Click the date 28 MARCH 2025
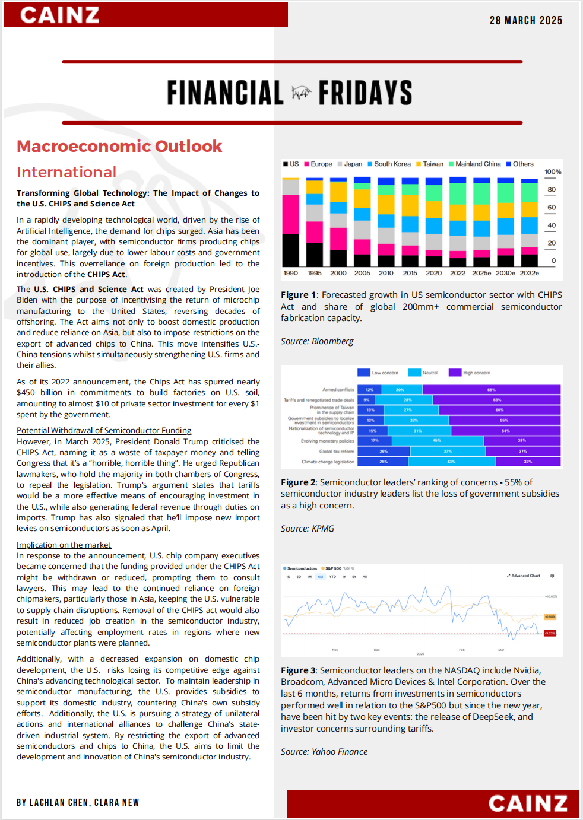(x=525, y=21)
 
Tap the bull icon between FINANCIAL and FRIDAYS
(x=301, y=93)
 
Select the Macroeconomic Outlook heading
(x=119, y=147)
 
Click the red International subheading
(x=66, y=173)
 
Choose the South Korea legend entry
(x=389, y=164)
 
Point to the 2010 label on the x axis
(x=386, y=273)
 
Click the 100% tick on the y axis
(x=553, y=172)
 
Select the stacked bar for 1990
(x=291, y=222)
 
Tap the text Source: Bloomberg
(x=317, y=341)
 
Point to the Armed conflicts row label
(x=338, y=390)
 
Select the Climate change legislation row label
(x=328, y=462)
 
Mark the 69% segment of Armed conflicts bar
(x=491, y=390)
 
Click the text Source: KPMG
(x=308, y=529)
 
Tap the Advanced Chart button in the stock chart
(x=524, y=576)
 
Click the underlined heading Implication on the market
(x=64, y=545)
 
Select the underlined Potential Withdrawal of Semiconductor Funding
(x=104, y=430)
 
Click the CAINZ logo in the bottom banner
(x=528, y=804)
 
